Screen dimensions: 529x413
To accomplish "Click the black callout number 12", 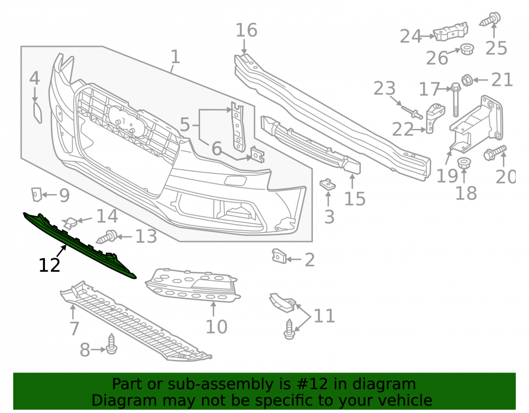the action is coord(50,265).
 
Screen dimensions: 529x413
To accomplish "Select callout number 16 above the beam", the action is coord(247,30).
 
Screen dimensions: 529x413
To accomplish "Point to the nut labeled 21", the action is coord(467,79).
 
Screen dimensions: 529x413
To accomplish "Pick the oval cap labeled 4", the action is coord(38,113).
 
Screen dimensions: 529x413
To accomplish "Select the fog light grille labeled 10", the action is coord(193,285).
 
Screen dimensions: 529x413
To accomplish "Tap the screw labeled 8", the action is coord(111,344).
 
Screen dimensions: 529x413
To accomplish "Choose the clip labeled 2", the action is coord(279,256).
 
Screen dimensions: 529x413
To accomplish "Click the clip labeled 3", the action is coord(327,184).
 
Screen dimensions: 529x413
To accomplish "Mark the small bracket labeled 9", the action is coord(36,195).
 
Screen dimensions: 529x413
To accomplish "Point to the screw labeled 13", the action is coord(107,237).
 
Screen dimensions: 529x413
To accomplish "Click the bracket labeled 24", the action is coord(450,32).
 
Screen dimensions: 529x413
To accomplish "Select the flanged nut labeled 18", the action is coord(464,163).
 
